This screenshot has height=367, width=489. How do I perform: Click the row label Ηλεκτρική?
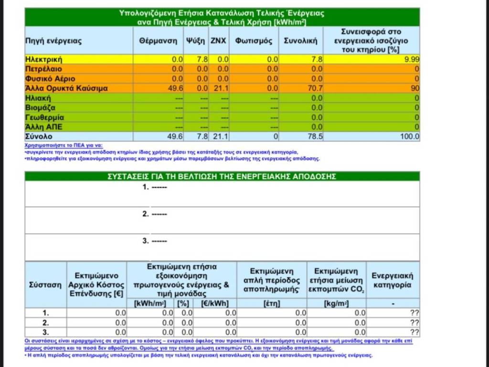tap(44, 60)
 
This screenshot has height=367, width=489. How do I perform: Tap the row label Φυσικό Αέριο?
tap(50, 79)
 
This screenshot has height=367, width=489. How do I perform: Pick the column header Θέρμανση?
tap(159, 41)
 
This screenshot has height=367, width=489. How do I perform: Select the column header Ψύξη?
tap(196, 41)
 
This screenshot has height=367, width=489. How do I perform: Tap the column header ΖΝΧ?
tap(219, 41)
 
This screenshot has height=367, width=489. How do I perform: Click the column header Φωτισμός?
tap(254, 41)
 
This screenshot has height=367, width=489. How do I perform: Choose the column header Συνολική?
tap(300, 41)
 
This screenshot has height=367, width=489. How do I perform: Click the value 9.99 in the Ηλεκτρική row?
tap(411, 60)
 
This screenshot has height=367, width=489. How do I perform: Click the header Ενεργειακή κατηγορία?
tap(393, 281)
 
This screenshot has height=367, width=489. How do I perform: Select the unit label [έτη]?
tap(272, 303)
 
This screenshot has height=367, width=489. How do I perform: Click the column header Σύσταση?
tap(45, 285)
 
